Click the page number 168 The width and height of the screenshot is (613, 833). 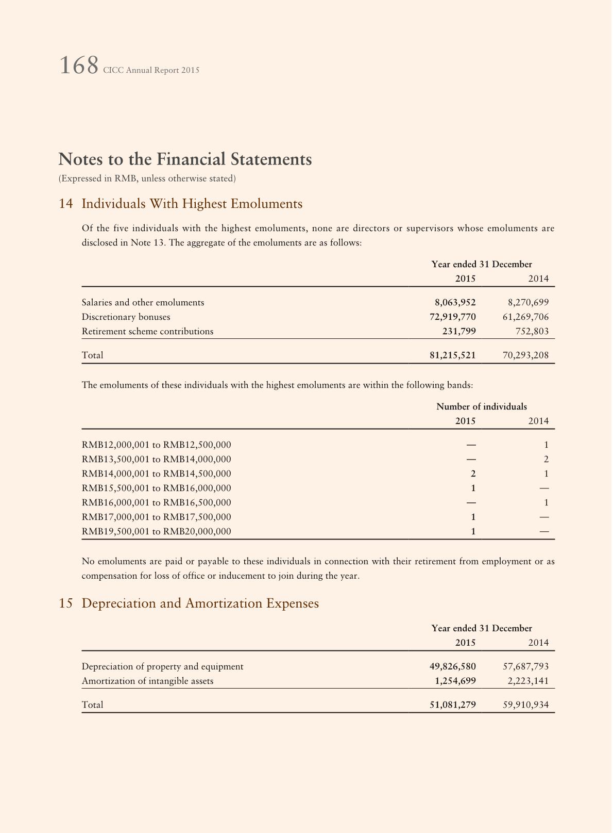click(79, 66)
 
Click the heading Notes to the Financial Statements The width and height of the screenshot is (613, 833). click(185, 159)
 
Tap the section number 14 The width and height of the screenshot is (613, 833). click(65, 204)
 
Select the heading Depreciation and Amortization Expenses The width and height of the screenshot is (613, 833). click(200, 603)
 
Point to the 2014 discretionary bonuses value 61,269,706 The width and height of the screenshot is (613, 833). click(525, 317)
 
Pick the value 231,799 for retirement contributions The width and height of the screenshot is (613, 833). click(459, 331)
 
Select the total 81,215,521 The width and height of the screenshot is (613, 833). click(452, 355)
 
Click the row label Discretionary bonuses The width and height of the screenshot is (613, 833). click(126, 317)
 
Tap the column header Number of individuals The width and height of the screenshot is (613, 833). click(481, 406)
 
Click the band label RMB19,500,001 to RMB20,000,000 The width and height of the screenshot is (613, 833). click(156, 531)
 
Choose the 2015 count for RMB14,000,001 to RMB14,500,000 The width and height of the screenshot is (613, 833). click(473, 473)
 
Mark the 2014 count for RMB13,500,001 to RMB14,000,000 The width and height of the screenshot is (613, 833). click(546, 459)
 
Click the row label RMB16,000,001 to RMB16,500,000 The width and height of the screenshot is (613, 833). click(156, 502)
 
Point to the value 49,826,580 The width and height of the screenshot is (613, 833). click(452, 666)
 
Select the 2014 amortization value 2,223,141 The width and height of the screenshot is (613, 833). click(528, 681)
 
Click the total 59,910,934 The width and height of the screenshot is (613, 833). click(525, 705)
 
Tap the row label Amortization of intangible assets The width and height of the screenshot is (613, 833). click(147, 681)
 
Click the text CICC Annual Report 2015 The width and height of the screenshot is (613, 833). click(151, 70)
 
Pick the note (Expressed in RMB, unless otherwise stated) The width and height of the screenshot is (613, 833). click(147, 178)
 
